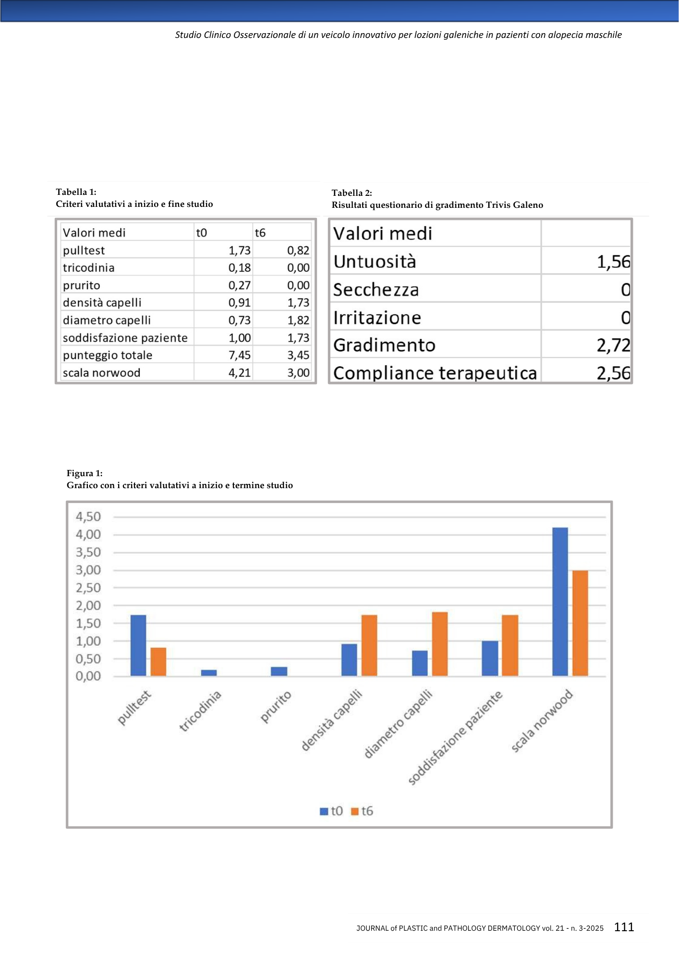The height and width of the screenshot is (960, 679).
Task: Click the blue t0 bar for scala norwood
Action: tap(560, 601)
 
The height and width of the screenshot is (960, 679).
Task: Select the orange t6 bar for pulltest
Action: tap(158, 661)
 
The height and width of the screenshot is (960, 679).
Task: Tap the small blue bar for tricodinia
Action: tap(208, 672)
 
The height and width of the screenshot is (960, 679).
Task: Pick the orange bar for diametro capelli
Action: tap(439, 644)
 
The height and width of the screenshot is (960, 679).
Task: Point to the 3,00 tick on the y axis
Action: tap(88, 570)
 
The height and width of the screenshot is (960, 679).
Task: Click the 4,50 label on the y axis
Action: tap(88, 517)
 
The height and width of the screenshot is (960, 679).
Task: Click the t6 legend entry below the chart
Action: tap(363, 811)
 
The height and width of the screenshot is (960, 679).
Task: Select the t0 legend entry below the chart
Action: tap(332, 811)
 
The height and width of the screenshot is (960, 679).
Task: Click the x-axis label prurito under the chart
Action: tap(276, 707)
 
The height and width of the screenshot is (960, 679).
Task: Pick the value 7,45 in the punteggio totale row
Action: tap(239, 355)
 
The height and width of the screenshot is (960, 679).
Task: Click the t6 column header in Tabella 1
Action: tap(260, 233)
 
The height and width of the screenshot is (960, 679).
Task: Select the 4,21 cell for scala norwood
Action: tap(239, 373)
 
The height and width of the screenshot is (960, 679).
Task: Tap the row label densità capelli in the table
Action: tap(102, 303)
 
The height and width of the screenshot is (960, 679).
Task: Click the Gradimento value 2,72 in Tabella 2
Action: tap(613, 345)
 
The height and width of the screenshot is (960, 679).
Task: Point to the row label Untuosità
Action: tap(375, 262)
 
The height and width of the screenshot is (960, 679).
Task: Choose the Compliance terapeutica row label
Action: tap(435, 373)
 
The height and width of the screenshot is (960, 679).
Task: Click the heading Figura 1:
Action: tap(85, 473)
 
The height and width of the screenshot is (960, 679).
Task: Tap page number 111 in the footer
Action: tap(624, 927)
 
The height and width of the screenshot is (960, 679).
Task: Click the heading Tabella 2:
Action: tap(352, 193)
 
